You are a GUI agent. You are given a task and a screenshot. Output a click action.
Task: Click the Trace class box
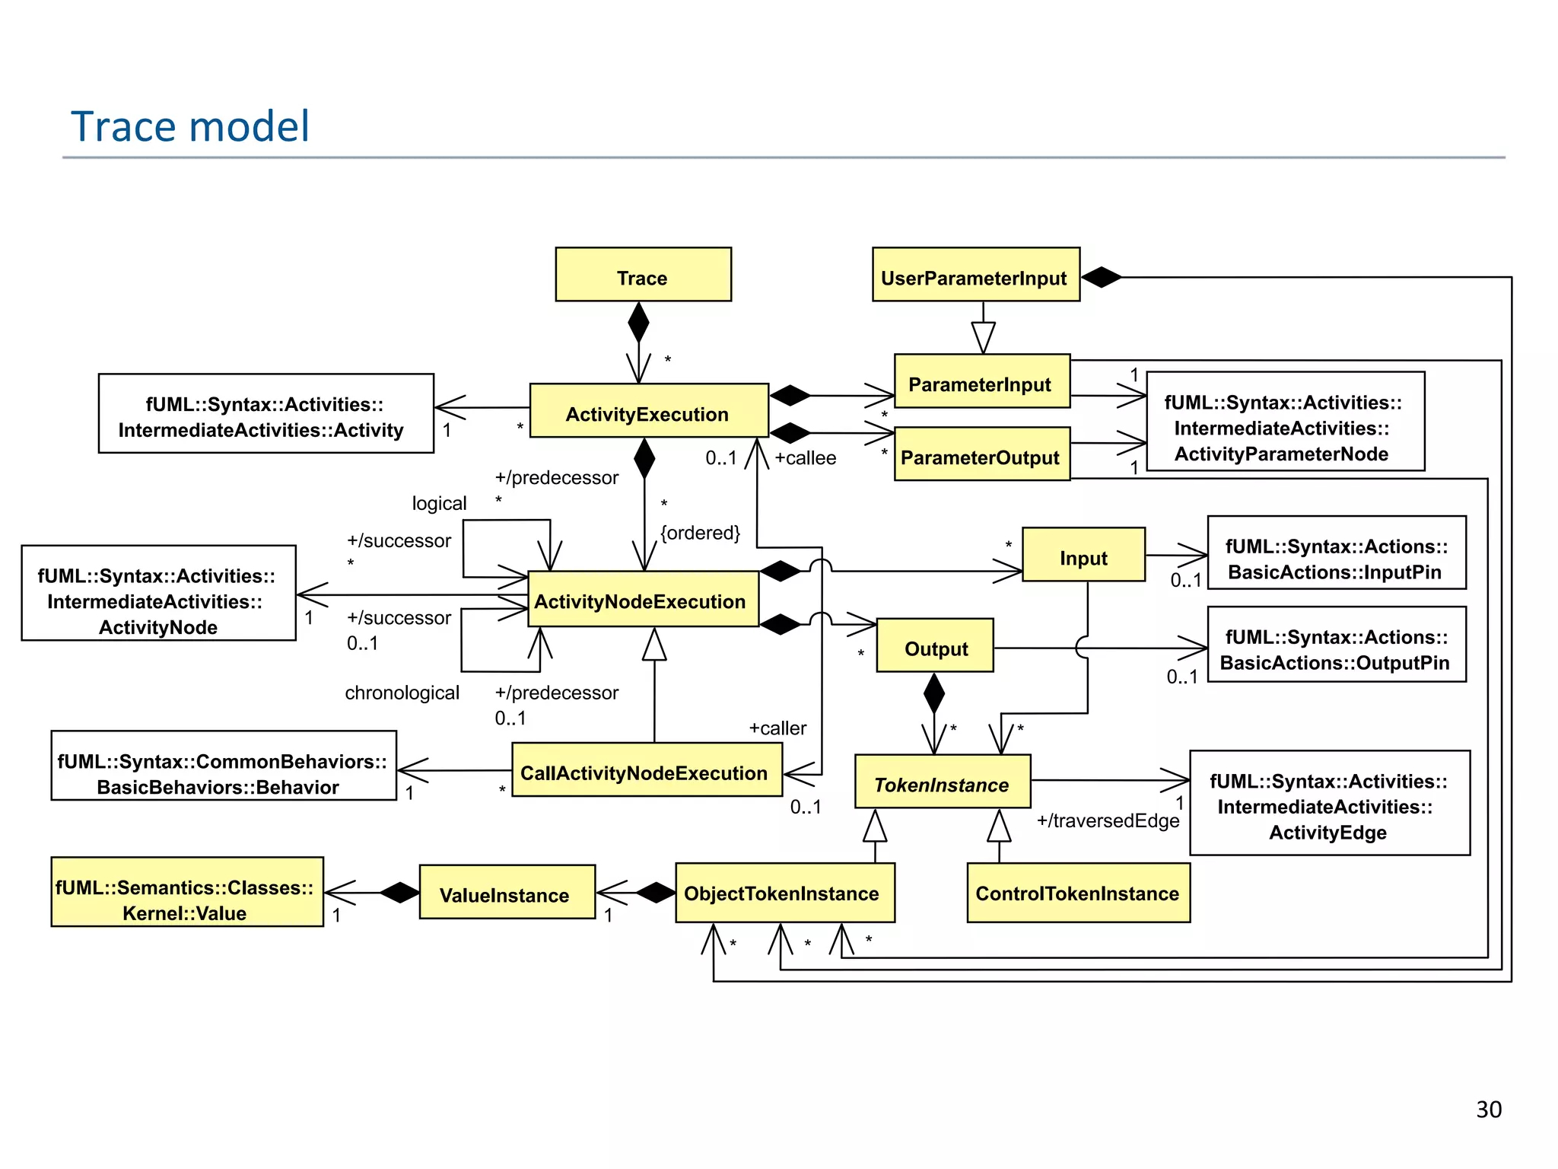click(643, 275)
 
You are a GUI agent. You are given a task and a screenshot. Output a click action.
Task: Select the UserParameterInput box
click(975, 275)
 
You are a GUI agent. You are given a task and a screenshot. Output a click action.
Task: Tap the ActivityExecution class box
click(648, 411)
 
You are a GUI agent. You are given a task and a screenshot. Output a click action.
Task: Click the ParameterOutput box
click(981, 454)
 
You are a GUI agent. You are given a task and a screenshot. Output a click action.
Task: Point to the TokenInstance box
click(942, 782)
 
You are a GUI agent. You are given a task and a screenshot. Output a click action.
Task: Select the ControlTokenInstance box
click(1078, 893)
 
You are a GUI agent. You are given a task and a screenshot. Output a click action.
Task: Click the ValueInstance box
click(507, 892)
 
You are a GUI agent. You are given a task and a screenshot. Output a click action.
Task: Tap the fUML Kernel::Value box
click(186, 892)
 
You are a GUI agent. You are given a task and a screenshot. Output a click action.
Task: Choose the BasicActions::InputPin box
click(1336, 553)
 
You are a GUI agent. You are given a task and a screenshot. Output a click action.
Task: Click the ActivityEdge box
click(1329, 803)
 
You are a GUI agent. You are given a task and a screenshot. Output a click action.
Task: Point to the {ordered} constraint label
click(700, 533)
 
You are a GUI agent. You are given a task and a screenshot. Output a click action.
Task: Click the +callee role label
click(805, 458)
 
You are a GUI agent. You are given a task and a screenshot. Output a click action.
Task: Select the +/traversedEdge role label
click(1108, 820)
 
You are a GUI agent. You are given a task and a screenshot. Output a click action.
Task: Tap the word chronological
click(402, 693)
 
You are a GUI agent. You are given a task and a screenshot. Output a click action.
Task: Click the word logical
click(439, 503)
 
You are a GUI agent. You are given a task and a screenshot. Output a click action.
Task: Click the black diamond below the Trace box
click(638, 323)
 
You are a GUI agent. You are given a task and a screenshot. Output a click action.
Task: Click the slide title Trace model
click(190, 126)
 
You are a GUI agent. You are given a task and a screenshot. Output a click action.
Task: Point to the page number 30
click(1488, 1110)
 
